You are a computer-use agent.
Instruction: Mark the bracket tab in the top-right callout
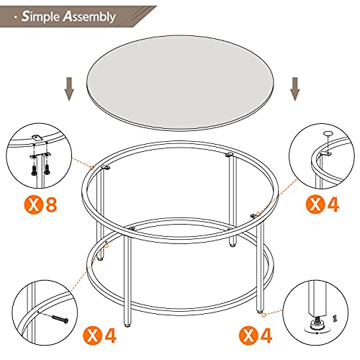[x=325, y=151]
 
